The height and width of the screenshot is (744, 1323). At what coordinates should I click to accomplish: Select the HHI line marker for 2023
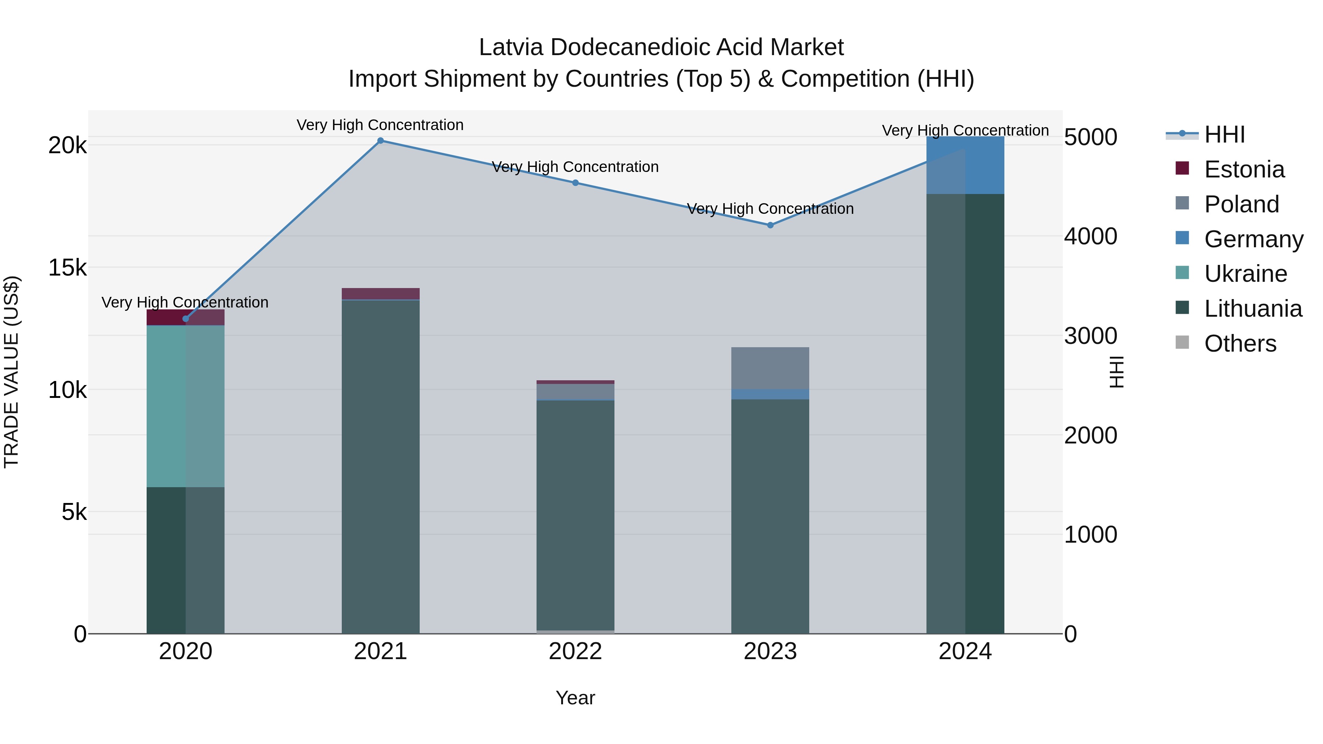770,225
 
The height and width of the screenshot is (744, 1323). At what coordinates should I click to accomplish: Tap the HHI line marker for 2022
575,183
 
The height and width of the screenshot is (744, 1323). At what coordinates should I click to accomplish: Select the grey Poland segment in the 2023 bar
770,368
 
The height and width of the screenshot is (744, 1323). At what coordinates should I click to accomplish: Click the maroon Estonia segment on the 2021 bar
381,293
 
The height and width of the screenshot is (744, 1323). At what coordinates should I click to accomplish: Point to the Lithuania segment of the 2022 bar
575,514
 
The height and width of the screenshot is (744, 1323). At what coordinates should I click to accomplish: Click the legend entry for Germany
1253,239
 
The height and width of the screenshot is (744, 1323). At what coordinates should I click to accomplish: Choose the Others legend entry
1240,344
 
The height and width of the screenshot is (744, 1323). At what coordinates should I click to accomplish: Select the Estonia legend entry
1244,169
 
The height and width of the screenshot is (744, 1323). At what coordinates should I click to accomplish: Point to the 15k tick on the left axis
67,267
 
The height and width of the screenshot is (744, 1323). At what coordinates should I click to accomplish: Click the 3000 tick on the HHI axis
1090,336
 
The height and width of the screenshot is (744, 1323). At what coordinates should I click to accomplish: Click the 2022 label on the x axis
575,651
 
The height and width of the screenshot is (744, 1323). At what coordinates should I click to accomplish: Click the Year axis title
575,698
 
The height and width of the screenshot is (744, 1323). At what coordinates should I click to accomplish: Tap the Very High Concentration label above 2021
380,125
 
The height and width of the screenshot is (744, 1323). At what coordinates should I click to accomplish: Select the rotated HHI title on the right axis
1116,372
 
